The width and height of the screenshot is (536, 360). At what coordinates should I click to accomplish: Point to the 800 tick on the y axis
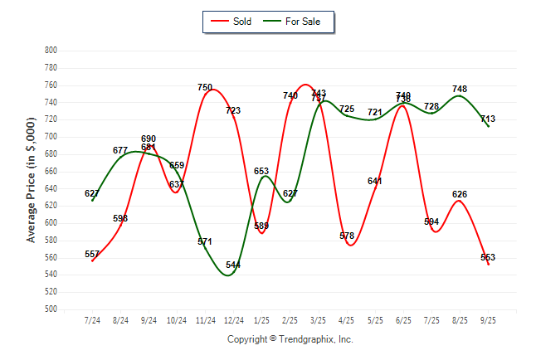click(x=51, y=51)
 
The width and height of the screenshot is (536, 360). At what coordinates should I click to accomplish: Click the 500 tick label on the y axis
click(x=51, y=309)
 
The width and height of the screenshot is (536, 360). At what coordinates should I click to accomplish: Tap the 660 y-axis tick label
click(x=51, y=172)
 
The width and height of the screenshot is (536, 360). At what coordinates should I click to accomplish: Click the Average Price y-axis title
click(x=32, y=179)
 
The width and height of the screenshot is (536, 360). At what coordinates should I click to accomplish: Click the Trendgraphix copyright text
click(x=290, y=339)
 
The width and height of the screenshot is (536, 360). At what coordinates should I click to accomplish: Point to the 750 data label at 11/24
click(x=205, y=87)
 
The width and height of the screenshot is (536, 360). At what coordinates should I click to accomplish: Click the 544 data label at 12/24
click(x=233, y=265)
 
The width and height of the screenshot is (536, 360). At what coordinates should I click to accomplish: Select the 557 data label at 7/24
click(x=92, y=254)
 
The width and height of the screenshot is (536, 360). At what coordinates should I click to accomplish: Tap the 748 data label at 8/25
click(x=460, y=89)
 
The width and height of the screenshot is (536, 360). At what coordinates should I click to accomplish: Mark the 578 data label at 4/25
click(x=347, y=236)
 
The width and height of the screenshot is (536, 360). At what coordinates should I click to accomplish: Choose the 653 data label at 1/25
click(x=261, y=171)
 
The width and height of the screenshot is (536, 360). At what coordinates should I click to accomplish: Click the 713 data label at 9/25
click(x=488, y=119)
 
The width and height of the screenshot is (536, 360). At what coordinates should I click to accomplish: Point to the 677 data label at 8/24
click(x=120, y=150)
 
